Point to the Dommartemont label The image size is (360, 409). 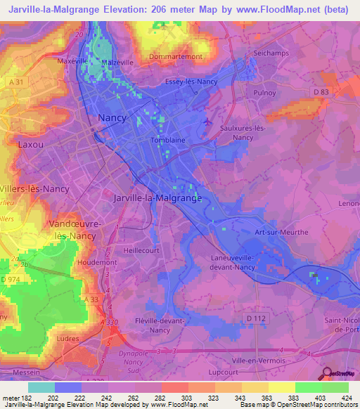pos(176,56)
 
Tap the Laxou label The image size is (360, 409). pos(30,144)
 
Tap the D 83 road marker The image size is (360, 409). pos(321,91)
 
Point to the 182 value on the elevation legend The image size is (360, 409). pos(23,398)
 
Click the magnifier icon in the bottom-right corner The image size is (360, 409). pos(326,372)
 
